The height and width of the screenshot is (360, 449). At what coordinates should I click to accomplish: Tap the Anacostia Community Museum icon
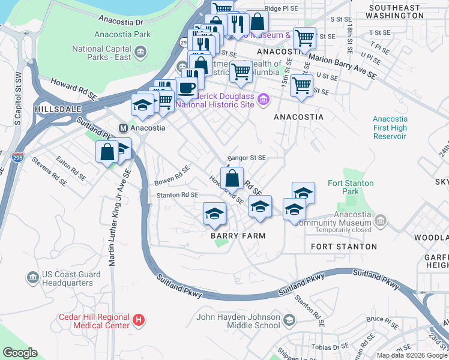[379, 222]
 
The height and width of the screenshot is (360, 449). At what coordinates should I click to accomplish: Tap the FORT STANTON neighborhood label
[344, 247]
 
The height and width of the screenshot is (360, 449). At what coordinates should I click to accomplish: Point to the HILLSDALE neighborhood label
[57, 110]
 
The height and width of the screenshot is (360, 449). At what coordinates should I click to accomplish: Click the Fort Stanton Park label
[351, 187]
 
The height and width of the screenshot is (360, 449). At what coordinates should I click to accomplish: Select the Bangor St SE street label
[246, 157]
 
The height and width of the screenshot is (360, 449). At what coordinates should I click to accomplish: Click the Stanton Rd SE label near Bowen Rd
[177, 195]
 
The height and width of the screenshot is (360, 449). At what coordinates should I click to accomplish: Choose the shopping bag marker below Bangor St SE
[232, 178]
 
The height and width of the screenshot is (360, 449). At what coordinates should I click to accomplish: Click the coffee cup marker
[186, 88]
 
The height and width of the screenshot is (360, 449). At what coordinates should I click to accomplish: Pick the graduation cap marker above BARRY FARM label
[214, 214]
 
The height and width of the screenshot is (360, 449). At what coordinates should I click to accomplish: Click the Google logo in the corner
[20, 353]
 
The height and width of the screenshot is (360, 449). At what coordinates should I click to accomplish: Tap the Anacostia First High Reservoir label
[389, 127]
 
